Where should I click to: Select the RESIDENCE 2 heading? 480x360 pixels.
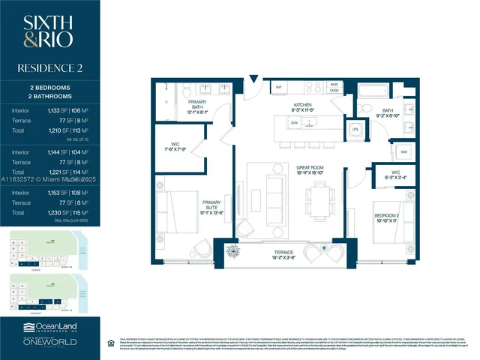click(x=50, y=68)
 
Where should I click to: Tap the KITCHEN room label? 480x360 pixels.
click(x=301, y=107)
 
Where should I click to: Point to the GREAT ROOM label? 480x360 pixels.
click(x=309, y=170)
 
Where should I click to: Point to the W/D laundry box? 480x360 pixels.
click(x=404, y=151)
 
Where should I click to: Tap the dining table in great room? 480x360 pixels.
click(x=314, y=199)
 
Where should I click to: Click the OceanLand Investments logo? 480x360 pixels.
click(x=50, y=328)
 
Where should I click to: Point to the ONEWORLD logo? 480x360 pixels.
click(x=50, y=344)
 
